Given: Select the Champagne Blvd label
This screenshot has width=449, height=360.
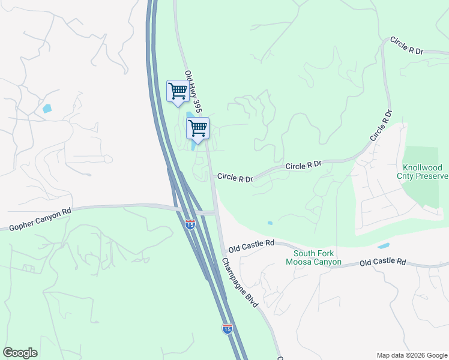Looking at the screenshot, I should click(x=240, y=283).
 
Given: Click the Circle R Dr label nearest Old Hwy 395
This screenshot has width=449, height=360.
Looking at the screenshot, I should click(x=235, y=178).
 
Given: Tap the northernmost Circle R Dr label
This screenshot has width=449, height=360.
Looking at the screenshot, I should click(x=406, y=46).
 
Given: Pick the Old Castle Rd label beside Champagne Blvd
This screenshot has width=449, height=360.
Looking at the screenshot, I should click(x=251, y=245).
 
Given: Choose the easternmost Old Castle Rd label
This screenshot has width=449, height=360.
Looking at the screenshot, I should click(x=383, y=262).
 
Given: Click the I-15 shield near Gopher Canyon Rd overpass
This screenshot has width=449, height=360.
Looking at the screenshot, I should click(x=190, y=224).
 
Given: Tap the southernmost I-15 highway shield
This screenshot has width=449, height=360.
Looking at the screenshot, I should click(x=226, y=328).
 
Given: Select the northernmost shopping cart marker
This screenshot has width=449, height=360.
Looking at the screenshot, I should click(x=177, y=92).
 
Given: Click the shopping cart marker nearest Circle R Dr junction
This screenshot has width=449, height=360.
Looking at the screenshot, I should click(x=197, y=128).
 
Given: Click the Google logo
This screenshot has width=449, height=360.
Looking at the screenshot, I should click(x=20, y=353).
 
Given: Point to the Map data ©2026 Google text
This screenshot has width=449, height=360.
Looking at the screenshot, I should click(x=412, y=355).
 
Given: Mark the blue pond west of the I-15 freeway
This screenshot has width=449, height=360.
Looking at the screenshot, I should click(x=47, y=109).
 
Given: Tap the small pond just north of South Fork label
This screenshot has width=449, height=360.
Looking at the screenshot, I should click(x=270, y=223).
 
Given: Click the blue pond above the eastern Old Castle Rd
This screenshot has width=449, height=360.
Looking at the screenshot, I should click(x=383, y=246).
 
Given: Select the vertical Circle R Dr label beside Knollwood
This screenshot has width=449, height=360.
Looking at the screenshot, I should click(x=381, y=125).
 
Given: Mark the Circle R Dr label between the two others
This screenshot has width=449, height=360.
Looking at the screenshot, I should click(x=304, y=164).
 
